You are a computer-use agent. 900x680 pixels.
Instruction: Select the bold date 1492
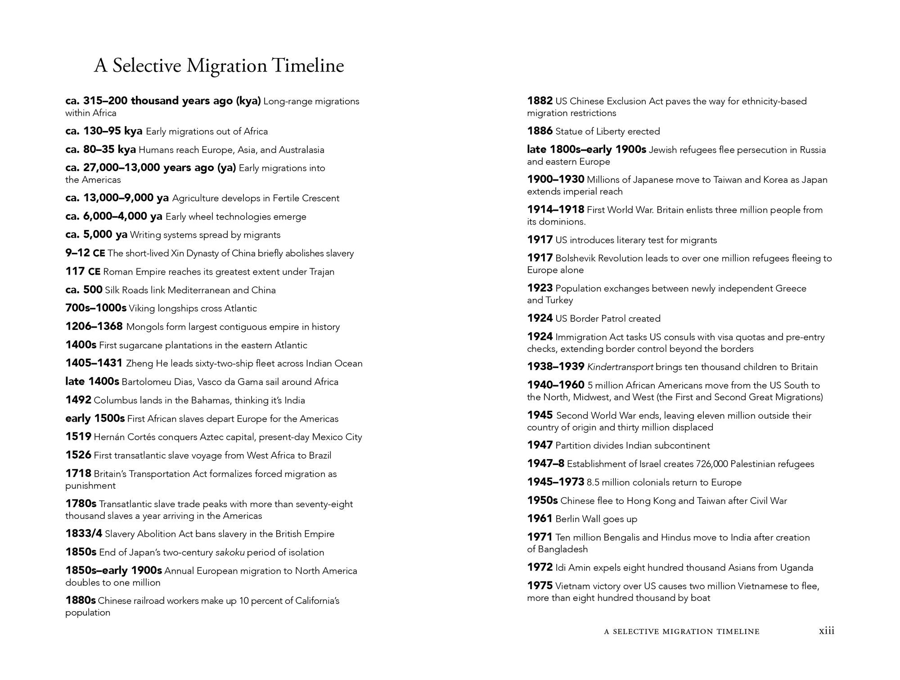(x=78, y=400)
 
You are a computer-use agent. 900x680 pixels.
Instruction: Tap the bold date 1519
(x=78, y=437)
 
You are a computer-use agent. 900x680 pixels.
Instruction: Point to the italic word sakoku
(x=230, y=552)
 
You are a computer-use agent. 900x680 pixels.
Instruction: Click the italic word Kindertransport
(x=620, y=367)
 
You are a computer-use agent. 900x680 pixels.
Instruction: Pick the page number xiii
(x=826, y=631)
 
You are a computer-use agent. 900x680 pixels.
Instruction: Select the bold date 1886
(x=540, y=131)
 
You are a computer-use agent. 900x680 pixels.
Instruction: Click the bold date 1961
(x=540, y=519)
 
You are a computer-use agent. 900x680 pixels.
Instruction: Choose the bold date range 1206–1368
(x=94, y=327)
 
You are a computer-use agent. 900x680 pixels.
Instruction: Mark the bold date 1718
(x=78, y=473)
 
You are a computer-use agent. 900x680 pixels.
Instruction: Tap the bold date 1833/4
(x=84, y=534)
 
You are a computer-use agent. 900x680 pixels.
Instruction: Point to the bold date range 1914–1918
(x=556, y=210)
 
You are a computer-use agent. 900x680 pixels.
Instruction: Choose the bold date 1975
(x=540, y=586)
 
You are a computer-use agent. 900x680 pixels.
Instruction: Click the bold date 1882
(x=540, y=101)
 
